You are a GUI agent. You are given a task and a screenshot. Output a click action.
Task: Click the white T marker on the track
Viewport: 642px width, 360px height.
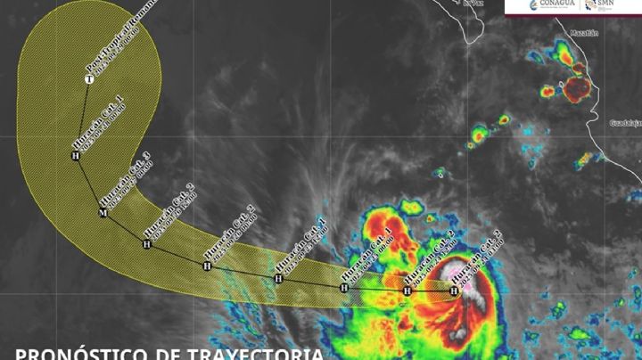89,80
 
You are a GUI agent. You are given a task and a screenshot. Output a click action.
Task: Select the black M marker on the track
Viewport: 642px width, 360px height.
103,213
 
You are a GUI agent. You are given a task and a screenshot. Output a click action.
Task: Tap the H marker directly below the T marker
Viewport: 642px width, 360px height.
76,156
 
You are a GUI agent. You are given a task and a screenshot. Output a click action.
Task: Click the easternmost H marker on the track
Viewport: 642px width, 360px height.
454,290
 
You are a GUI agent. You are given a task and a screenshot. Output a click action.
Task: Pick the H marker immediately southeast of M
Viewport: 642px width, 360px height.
147,243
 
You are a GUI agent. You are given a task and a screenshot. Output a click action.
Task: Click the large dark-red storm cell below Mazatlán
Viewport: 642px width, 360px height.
576,87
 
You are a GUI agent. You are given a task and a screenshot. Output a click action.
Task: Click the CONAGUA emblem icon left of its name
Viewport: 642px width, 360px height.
519,6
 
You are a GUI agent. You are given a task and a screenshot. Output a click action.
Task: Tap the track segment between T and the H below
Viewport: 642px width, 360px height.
83,118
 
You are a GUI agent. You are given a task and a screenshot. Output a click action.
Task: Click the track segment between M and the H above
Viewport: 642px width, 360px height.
88,184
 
